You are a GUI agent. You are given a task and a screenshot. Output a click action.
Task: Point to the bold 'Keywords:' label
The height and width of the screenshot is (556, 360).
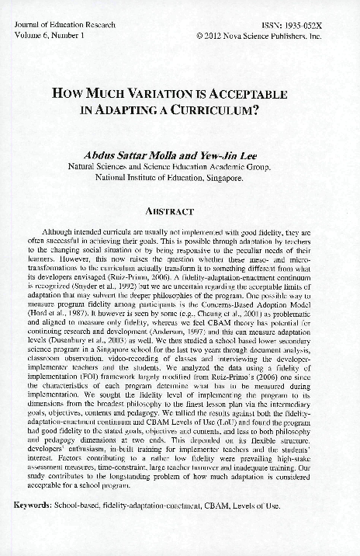[x=33, y=504]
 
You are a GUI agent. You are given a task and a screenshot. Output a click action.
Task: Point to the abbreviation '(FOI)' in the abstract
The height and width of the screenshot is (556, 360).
[x=99, y=377]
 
